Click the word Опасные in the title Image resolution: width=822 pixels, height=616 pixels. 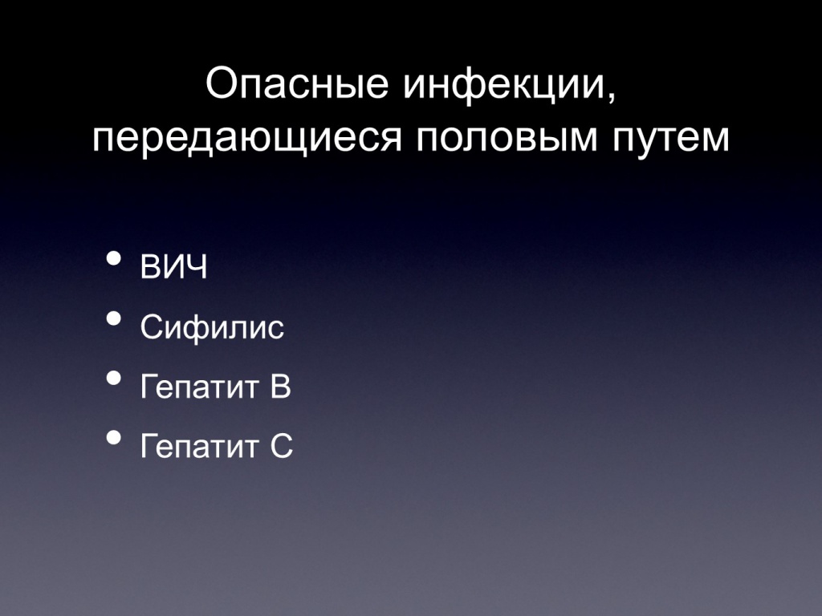[x=297, y=83]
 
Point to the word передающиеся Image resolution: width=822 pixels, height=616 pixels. [x=247, y=139]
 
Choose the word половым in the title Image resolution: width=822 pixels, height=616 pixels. [x=507, y=139]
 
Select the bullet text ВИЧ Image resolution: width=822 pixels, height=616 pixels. [x=173, y=266]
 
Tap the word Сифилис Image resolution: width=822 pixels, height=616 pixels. [x=212, y=327]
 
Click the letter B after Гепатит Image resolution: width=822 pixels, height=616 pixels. [x=280, y=387]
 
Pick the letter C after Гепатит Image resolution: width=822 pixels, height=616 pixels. [x=282, y=446]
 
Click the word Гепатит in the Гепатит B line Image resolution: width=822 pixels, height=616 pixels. [x=200, y=387]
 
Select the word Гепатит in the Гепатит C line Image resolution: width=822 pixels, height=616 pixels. [x=200, y=446]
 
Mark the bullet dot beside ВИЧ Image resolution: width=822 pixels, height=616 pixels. [x=114, y=258]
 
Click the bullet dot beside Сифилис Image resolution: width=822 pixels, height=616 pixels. [x=114, y=318]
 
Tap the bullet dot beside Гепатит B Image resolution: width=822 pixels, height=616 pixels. [x=114, y=378]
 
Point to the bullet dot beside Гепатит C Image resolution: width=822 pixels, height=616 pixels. [x=114, y=437]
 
